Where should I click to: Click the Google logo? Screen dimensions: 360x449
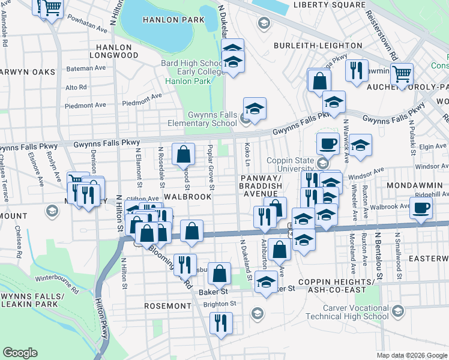[20, 353]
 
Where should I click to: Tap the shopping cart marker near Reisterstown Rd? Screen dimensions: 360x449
[401, 74]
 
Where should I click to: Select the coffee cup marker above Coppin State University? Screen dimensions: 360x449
[327, 143]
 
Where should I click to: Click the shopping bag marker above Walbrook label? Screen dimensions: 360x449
[183, 154]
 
